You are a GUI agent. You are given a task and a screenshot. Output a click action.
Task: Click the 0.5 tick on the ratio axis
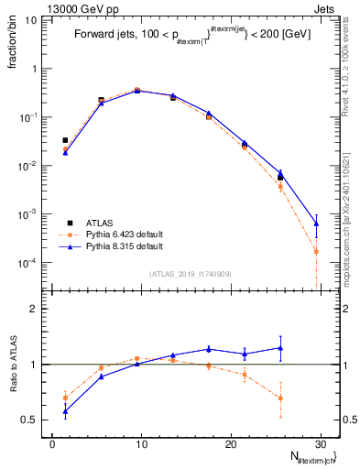pos(34,420)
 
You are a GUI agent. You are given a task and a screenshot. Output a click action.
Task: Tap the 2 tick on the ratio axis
pos(38,309)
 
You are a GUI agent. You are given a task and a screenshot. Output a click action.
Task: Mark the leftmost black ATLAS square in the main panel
pos(65,140)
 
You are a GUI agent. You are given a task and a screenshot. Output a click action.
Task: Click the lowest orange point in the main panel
pos(316,251)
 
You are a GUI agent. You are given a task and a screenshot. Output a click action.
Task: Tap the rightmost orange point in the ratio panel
pos(280,398)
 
